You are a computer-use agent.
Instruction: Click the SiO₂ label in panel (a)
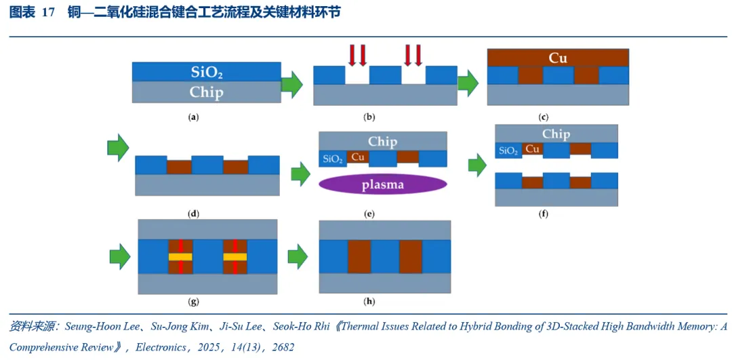(206, 72)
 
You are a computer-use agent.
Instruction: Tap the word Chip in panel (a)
(206, 92)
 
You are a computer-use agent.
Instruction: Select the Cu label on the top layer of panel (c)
(558, 58)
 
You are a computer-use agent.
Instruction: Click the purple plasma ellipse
(383, 184)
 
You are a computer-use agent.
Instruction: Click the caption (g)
(192, 302)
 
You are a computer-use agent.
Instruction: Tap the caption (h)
(369, 302)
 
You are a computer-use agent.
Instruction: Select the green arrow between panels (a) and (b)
(292, 85)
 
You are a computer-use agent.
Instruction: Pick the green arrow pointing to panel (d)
(118, 148)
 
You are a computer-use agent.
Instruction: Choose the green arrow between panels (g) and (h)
(298, 256)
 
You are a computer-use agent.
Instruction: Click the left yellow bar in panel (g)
(181, 257)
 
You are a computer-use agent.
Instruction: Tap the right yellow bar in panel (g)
(235, 257)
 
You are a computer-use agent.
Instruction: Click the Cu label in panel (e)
(358, 157)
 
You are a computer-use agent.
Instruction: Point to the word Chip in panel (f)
(556, 134)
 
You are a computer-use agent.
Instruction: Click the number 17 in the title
(49, 13)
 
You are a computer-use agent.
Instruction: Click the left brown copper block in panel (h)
(359, 256)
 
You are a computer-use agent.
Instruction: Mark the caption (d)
(192, 214)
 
